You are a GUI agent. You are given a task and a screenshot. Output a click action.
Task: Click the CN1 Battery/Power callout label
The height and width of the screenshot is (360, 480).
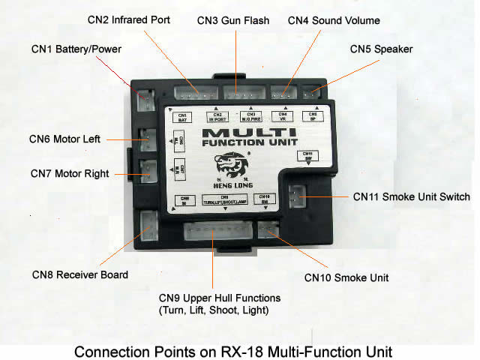tap(76, 49)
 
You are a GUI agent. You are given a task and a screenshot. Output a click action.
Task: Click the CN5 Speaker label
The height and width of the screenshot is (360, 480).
tap(381, 49)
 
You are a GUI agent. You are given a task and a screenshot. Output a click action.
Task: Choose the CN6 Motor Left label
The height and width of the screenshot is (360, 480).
tap(64, 139)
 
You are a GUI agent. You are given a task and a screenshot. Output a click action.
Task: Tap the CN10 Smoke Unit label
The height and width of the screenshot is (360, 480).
tap(346, 277)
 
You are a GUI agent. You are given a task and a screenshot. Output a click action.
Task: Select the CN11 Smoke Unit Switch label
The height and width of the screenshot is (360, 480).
tap(411, 197)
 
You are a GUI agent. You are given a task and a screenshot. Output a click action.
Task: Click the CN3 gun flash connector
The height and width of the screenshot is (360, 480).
tap(241, 93)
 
